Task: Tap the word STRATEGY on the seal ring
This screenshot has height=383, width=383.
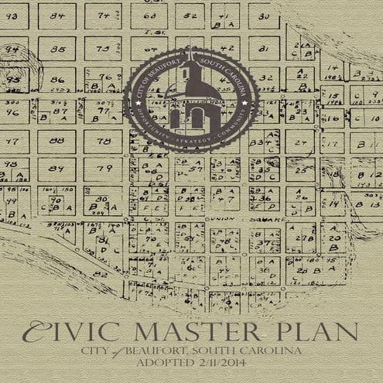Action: [191, 141]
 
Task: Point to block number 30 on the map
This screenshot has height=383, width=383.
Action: [263, 15]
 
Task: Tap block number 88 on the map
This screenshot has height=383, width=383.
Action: [56, 141]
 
